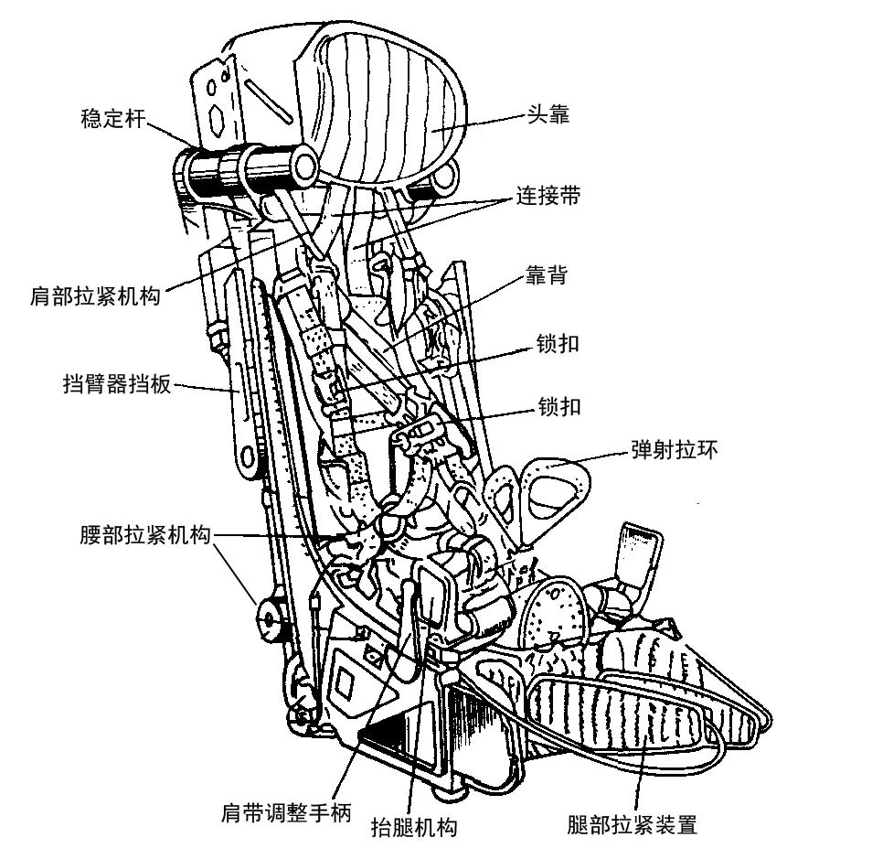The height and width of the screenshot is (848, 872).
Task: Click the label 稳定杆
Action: [x=114, y=120]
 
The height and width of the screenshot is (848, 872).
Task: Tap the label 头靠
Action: [x=548, y=116]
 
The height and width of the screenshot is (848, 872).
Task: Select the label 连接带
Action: [x=546, y=196]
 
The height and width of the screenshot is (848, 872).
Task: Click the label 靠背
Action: [x=545, y=275]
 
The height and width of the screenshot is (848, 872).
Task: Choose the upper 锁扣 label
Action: [x=558, y=344]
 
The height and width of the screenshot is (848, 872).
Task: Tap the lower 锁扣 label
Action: [x=558, y=406]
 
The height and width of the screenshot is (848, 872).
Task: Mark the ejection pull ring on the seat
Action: [x=544, y=489]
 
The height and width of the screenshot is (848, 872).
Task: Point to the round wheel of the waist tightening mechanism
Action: [x=270, y=619]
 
